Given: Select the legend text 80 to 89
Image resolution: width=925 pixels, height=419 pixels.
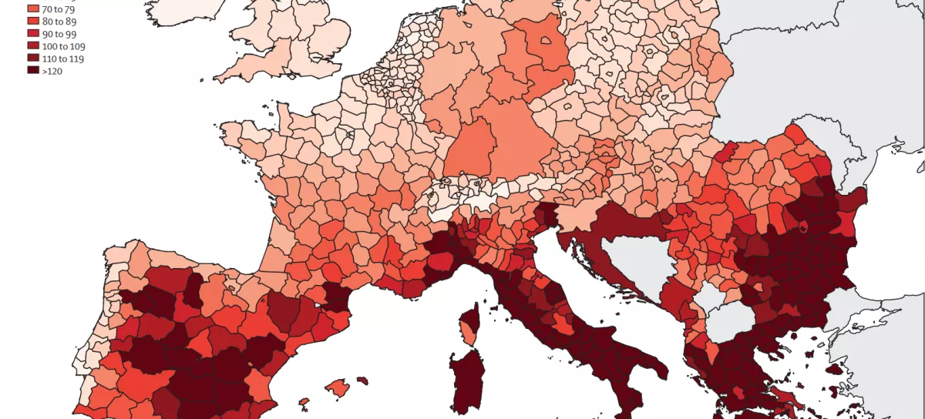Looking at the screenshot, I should pyautogui.click(x=59, y=22).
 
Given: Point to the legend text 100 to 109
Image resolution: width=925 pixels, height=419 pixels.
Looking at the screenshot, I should pyautogui.click(x=64, y=46).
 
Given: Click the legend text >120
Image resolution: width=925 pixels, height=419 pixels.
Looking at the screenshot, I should pyautogui.click(x=53, y=71).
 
